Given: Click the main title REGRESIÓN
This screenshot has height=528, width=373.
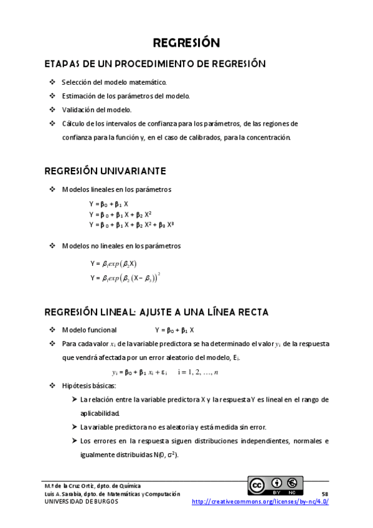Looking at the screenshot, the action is [186, 43].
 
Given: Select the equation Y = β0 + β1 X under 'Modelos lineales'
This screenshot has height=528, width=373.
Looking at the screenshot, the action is [109, 204].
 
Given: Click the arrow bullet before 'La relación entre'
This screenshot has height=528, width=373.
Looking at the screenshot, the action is [75, 400].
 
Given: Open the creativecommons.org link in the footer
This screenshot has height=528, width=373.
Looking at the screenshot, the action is [260, 502].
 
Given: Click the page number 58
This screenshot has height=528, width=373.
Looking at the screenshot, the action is [324, 494].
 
